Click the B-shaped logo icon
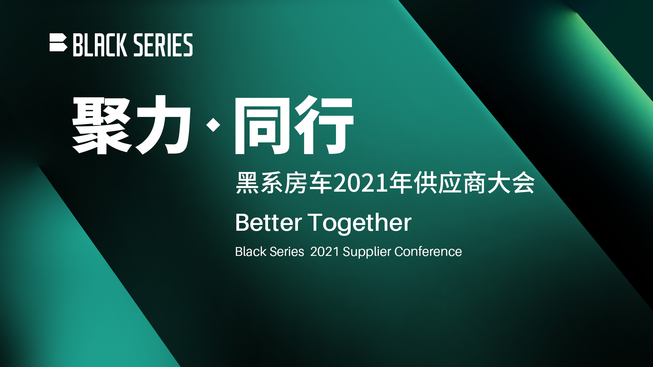coord(58,42)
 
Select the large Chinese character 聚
coord(102,125)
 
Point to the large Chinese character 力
coord(163,125)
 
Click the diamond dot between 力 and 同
coord(213,125)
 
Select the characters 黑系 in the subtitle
coord(259,183)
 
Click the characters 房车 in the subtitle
coord(308,183)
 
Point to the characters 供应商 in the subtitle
coord(450,183)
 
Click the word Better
coord(269,223)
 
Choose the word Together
coord(359,224)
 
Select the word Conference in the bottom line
coord(428,252)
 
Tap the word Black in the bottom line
coord(251,252)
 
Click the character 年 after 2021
coord(401,183)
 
